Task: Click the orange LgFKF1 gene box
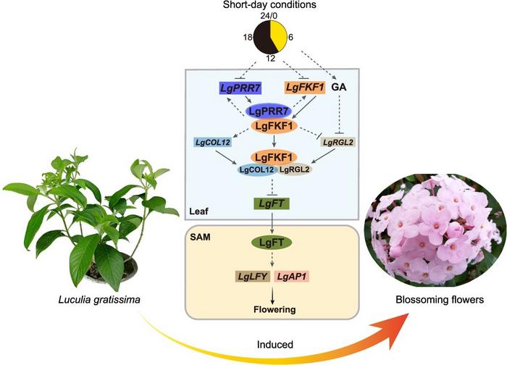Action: click(303, 88)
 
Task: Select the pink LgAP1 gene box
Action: click(293, 277)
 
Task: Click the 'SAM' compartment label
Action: click(201, 236)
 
